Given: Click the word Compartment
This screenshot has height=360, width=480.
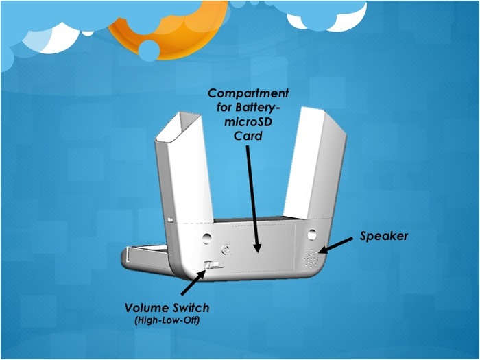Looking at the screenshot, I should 248,93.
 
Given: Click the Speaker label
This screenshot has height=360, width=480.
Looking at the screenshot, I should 384,236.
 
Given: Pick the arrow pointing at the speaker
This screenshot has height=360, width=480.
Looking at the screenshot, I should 337,243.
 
